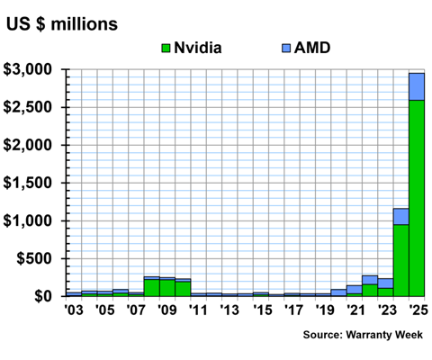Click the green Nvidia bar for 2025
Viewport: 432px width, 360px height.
[x=417, y=198]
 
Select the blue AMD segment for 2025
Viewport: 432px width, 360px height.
[x=417, y=86]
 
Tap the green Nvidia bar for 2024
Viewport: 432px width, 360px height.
[x=400, y=260]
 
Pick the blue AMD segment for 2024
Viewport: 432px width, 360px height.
[x=400, y=216]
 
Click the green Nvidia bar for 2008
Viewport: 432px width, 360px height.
[x=151, y=287]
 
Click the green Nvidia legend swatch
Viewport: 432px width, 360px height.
[x=166, y=46]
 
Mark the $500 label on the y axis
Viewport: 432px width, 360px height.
[x=37, y=258]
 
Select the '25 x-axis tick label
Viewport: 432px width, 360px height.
[x=417, y=311]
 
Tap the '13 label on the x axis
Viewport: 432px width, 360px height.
[x=229, y=311]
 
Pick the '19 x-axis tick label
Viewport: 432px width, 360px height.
[x=323, y=311]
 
